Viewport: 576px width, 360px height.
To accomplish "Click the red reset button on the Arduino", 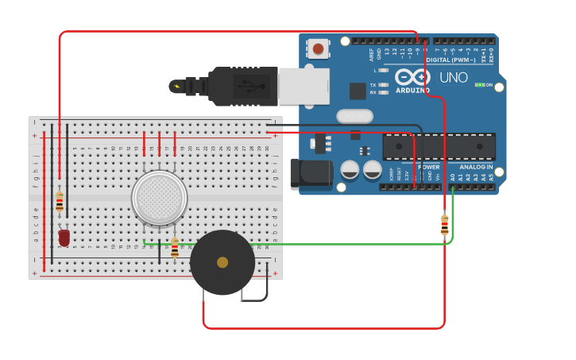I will (319, 49).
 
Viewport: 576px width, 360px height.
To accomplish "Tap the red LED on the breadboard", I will (64, 237).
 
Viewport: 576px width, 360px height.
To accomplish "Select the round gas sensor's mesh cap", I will (159, 197).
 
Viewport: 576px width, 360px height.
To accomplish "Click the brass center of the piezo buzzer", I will (222, 262).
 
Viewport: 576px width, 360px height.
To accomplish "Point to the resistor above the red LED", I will (60, 202).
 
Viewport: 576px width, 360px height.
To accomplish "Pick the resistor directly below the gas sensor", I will (175, 249).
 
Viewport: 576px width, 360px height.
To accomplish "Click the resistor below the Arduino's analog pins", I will (444, 225).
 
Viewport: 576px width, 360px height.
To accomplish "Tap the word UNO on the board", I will (454, 78).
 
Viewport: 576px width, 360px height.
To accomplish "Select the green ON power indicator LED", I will (480, 84).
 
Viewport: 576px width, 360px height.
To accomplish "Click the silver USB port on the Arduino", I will (303, 86).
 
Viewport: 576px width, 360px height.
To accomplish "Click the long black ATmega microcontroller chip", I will (439, 147).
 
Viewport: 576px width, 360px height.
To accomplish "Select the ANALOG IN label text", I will (476, 168).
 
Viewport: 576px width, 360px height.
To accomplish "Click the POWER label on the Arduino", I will (428, 168).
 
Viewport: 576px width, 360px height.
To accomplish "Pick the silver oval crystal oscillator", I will (354, 117).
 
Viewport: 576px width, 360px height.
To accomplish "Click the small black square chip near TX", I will (358, 91).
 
